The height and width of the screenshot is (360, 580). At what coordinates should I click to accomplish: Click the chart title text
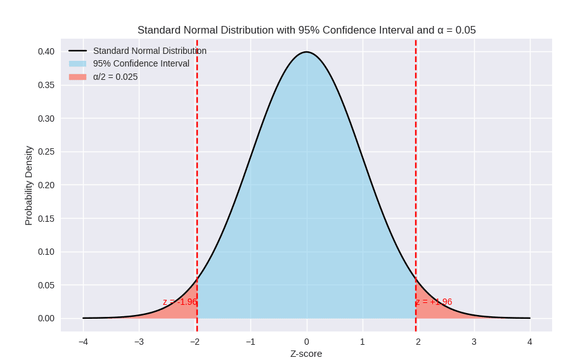coord(306,30)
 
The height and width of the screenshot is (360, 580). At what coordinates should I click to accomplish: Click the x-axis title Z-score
coord(306,353)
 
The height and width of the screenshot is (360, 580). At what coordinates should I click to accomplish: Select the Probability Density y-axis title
coord(29,185)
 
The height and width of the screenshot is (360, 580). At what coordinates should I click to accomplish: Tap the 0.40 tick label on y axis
coord(46,51)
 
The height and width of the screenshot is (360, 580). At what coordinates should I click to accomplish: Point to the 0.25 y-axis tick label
coord(46,151)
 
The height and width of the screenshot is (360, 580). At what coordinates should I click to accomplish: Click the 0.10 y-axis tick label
coord(46,252)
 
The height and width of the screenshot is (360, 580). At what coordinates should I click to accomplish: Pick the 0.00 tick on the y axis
coord(46,318)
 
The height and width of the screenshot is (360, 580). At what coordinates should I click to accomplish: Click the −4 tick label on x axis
coord(83,342)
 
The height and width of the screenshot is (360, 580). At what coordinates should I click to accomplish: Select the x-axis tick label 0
coord(307,342)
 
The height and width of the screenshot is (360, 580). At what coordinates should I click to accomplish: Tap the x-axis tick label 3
coord(474,342)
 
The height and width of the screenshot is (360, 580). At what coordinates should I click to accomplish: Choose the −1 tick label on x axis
coord(250,342)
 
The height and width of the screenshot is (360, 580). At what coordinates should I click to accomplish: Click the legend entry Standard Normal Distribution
coord(150,51)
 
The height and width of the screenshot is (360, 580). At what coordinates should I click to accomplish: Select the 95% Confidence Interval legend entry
coord(141,63)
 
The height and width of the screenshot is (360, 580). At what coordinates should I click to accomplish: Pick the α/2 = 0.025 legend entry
coord(115,77)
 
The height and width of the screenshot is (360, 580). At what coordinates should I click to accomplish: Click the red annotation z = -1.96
coord(180,302)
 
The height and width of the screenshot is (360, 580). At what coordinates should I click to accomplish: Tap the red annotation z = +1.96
coord(434,302)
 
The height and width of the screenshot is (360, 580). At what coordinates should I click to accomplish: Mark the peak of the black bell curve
coord(307,52)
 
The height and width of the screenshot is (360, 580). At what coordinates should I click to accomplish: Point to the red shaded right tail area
coord(431,310)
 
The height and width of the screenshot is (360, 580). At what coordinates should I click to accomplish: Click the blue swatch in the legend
coord(77,63)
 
